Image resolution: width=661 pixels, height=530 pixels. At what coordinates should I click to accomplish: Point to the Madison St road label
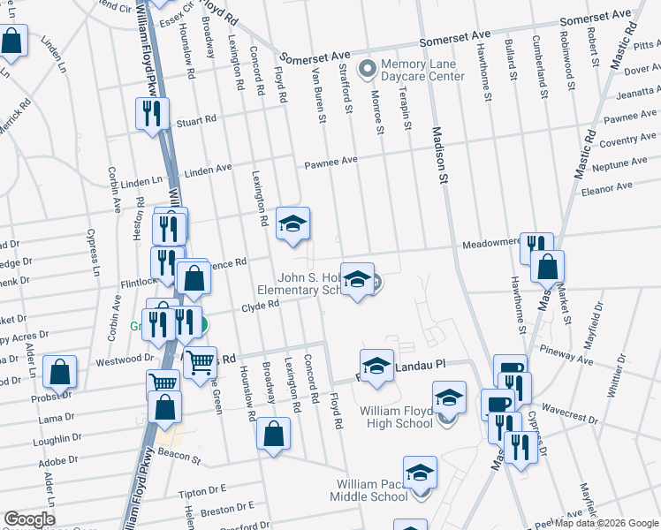437,154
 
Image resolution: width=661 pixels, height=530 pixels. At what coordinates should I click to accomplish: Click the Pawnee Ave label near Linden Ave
330,162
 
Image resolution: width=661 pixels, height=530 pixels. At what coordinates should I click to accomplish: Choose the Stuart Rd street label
196,121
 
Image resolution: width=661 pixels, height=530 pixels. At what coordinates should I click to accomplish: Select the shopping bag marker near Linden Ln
11,41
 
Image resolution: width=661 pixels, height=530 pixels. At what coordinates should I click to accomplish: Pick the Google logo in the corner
28,519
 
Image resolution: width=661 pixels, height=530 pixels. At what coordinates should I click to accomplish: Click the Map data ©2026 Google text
606,523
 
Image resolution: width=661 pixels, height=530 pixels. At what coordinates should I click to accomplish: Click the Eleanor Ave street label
607,186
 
